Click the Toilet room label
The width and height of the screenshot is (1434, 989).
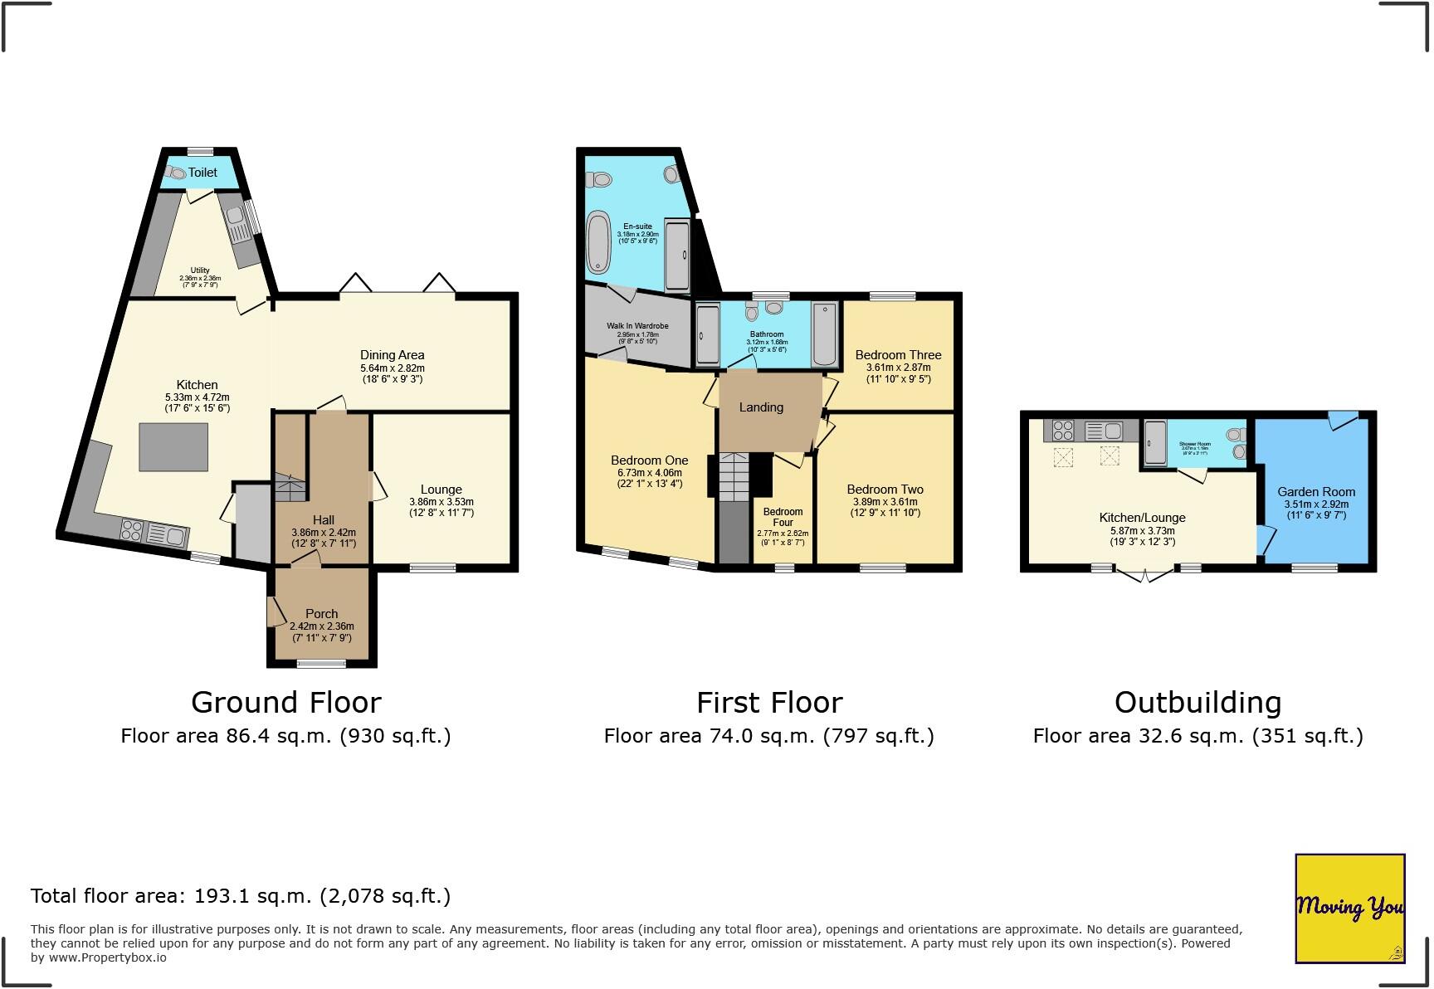[x=202, y=173]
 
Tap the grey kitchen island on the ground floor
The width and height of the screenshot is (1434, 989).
[x=173, y=447]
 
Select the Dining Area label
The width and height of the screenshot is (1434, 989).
[x=392, y=355]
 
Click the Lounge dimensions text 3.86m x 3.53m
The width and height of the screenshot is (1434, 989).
[x=441, y=502]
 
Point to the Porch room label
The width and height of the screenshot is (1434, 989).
[x=321, y=614]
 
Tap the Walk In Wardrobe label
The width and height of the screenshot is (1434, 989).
[x=637, y=326]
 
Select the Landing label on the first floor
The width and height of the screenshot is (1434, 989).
[x=761, y=407]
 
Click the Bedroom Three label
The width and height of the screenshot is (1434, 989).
[x=898, y=355]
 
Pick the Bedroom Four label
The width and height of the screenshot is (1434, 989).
[x=783, y=517]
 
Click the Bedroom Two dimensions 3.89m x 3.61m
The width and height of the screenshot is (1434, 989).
[x=885, y=502]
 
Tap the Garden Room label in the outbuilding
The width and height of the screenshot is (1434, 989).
[x=1316, y=492]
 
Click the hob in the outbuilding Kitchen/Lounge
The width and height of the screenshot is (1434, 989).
[x=1063, y=431]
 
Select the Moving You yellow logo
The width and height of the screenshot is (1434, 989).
[x=1349, y=909]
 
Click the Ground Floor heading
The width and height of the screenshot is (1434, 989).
[x=285, y=703]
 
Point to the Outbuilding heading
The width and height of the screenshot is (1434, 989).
[x=1197, y=703]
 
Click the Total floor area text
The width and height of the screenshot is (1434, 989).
[x=240, y=896]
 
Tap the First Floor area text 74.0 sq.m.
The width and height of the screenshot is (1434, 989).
[x=768, y=736]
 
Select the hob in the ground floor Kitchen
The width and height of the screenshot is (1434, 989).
[x=131, y=530]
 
